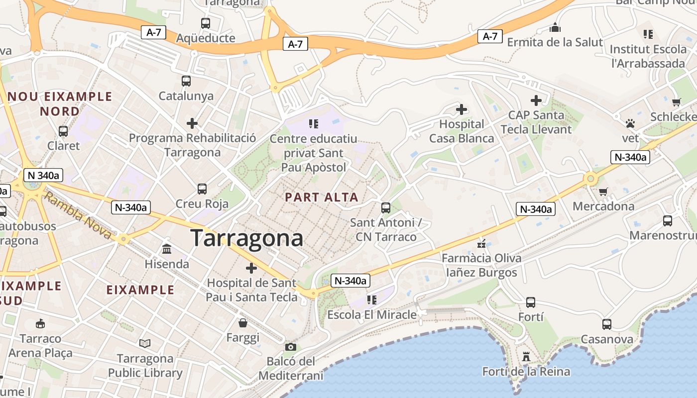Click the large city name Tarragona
coord(247,238)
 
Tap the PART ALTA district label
coord(322,197)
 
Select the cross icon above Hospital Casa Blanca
coord(462,109)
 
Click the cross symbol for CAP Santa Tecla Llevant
coord(536,100)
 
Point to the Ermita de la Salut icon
coord(555,27)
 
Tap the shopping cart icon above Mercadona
coord(603,192)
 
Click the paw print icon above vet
coord(630,123)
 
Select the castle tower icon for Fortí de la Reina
coord(526,357)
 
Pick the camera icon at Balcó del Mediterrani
coord(291,347)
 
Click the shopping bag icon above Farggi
coord(243,323)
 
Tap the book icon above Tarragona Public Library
coord(145,343)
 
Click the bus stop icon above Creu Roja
coord(202,189)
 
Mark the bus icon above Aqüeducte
coord(205,23)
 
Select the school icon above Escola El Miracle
coord(371,299)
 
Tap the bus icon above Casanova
coord(607,324)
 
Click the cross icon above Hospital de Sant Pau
coord(251,268)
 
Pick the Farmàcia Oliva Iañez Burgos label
coord(481,265)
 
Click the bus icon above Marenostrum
coord(668,220)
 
